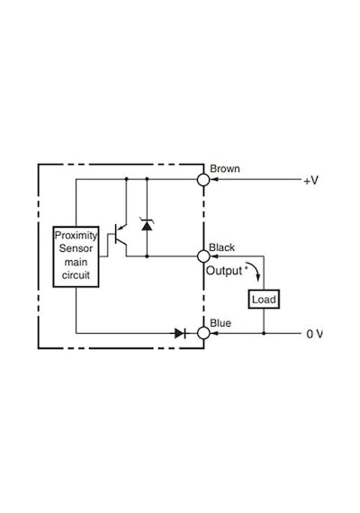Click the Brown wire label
[224, 169]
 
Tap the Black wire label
[221, 247]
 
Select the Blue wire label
[220, 323]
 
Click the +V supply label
[310, 180]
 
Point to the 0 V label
[314, 334]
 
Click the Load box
[264, 299]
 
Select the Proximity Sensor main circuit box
[76, 256]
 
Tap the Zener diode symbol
[147, 224]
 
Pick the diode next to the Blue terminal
[180, 333]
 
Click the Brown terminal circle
[203, 179]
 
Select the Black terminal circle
[203, 256]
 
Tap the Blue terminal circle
[203, 333]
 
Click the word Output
[224, 271]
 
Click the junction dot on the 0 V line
[264, 333]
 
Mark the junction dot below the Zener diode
[147, 256]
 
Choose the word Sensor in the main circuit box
[76, 248]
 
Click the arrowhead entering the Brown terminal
[214, 179]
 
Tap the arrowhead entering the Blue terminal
[214, 333]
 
